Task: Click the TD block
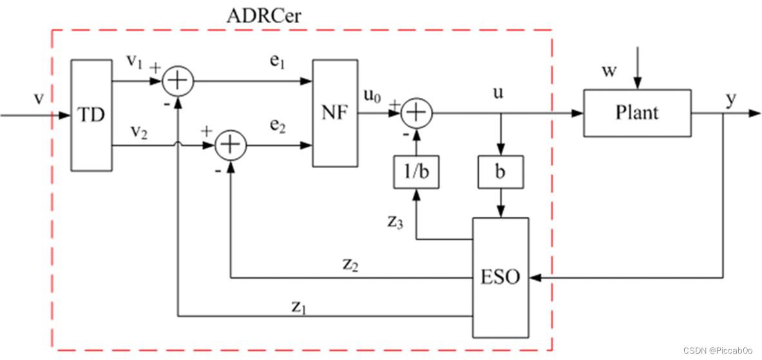pyautogui.click(x=91, y=115)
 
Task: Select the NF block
pyautogui.click(x=334, y=114)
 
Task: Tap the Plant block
pyautogui.click(x=636, y=113)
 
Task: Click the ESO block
pyautogui.click(x=500, y=278)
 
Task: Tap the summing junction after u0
pyautogui.click(x=417, y=113)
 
